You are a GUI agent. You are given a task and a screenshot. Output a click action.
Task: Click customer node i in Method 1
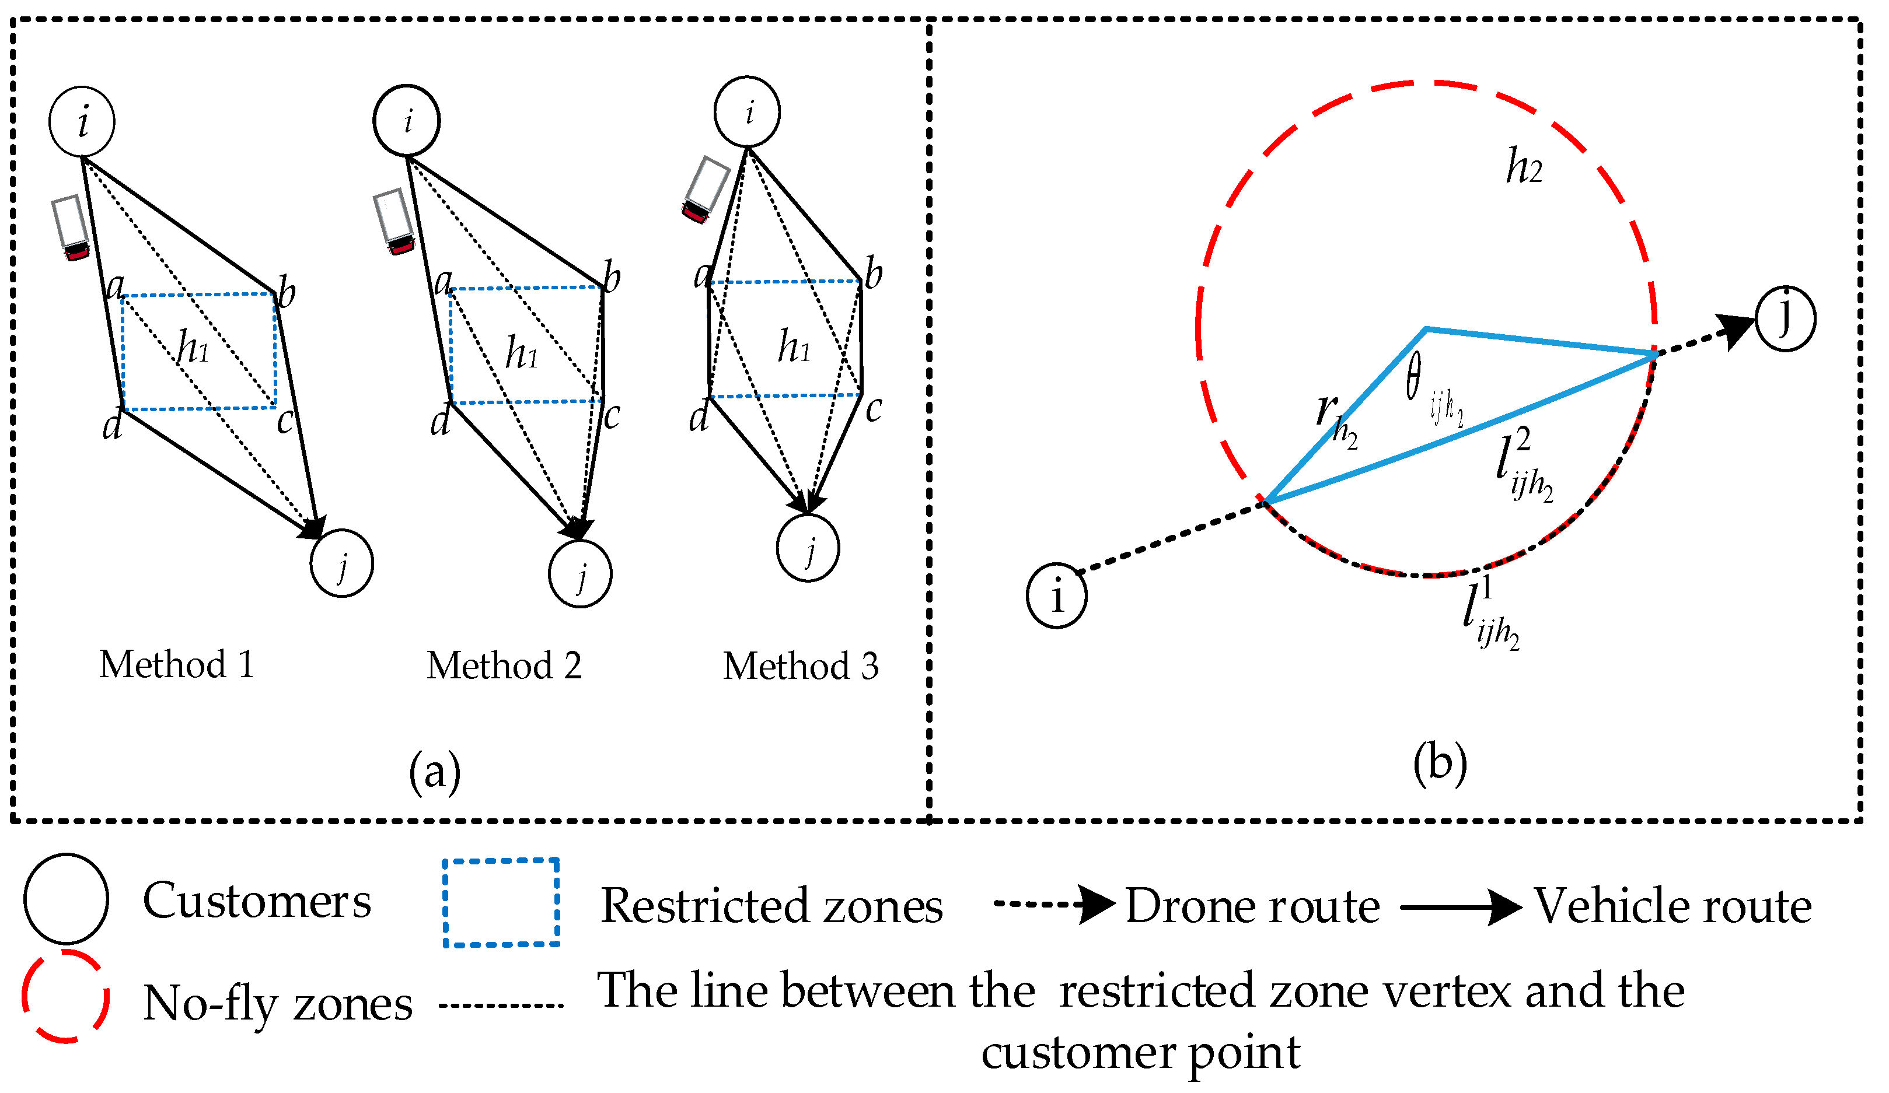[x=82, y=121]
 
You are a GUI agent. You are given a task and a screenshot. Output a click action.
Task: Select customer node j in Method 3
[x=808, y=548]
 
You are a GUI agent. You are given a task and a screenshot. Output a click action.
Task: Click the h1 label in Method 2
[x=522, y=352]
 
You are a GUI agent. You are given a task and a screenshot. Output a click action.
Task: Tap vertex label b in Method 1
[x=287, y=292]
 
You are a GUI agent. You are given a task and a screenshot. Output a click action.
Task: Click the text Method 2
[x=504, y=666]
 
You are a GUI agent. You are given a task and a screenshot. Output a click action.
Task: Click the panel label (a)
[x=435, y=772]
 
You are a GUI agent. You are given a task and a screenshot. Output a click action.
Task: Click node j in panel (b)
[x=1786, y=319]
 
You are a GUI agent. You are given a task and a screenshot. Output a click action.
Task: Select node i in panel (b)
[x=1057, y=596]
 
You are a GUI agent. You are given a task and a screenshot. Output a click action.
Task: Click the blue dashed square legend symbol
[x=501, y=903]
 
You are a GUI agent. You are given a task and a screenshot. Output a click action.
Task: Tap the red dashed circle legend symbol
[x=66, y=996]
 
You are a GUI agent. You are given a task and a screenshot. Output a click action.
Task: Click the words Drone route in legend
[x=1252, y=906]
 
